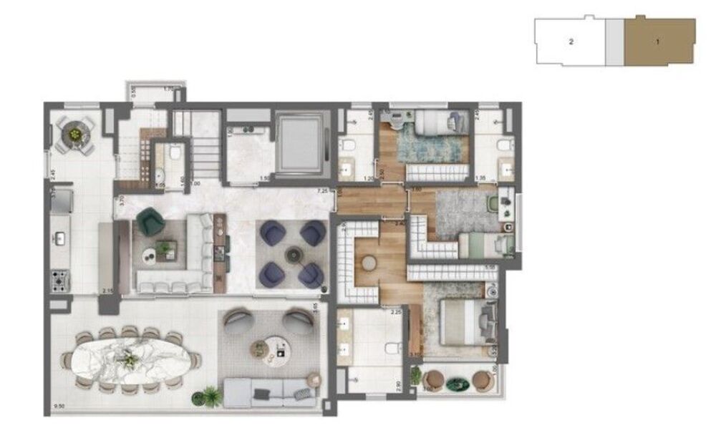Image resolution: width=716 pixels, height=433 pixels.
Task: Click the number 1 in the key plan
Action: click(x=657, y=41)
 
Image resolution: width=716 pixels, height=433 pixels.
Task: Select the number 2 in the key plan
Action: click(x=571, y=42)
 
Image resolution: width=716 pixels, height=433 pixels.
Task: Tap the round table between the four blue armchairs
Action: click(x=291, y=253)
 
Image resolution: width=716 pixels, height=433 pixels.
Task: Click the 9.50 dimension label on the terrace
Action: click(x=59, y=409)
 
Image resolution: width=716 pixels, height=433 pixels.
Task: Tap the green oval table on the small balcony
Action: click(x=455, y=384)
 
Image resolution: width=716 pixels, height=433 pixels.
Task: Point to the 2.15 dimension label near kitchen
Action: click(x=108, y=290)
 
